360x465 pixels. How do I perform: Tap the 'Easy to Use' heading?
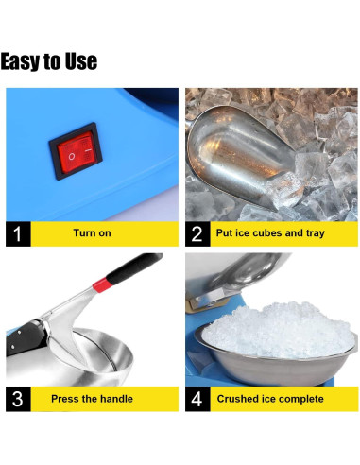pyautogui.click(x=49, y=62)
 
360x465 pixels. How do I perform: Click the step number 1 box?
pyautogui.click(x=19, y=233)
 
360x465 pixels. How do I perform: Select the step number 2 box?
pyautogui.click(x=197, y=233)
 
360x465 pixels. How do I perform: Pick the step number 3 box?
pyautogui.click(x=19, y=398)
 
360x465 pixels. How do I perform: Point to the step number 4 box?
pyautogui.click(x=197, y=398)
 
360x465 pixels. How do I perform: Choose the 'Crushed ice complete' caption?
pyautogui.click(x=270, y=398)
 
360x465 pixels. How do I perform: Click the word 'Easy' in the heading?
pyautogui.click(x=20, y=62)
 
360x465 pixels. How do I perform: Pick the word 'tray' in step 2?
pyautogui.click(x=313, y=233)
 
